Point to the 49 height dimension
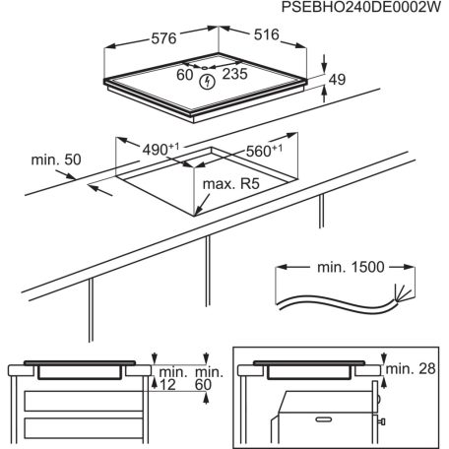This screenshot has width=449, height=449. [338, 81]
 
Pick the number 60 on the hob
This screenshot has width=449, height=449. [185, 73]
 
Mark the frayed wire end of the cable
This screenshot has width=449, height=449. [399, 292]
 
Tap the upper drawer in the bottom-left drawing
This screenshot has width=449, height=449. [79, 400]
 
